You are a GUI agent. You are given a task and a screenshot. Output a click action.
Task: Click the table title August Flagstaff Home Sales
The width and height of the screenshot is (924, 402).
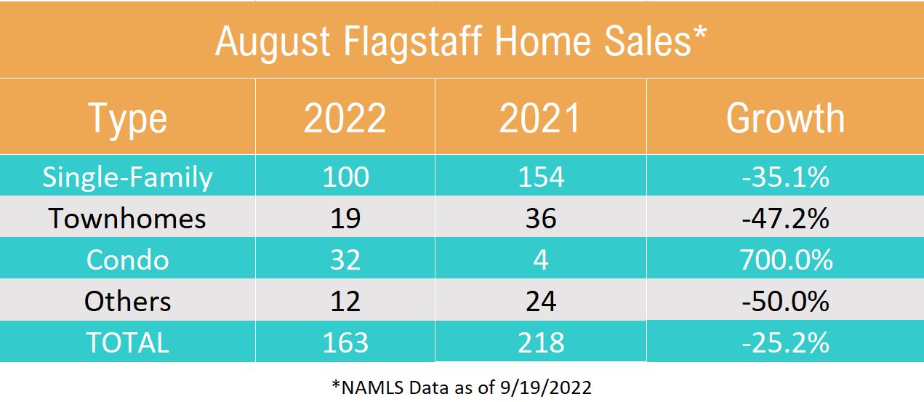[x=461, y=42]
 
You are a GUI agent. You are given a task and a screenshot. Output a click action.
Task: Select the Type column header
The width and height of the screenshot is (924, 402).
[x=127, y=119]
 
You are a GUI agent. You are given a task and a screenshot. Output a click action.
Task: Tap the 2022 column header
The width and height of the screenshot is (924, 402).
[x=345, y=119]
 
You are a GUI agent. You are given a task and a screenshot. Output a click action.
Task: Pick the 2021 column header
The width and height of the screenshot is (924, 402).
[x=540, y=119]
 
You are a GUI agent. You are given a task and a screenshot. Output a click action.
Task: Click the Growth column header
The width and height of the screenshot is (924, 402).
[x=785, y=119]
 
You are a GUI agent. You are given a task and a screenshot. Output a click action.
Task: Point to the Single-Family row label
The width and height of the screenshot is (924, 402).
[x=127, y=177]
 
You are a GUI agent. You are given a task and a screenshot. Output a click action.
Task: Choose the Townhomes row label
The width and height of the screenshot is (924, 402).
[x=127, y=219]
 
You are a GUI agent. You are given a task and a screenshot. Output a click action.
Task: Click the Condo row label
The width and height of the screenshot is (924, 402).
[x=127, y=260]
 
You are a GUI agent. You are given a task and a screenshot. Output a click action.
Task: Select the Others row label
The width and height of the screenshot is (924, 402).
[x=127, y=301]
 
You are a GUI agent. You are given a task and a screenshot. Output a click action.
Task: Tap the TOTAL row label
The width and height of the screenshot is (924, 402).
[x=127, y=342]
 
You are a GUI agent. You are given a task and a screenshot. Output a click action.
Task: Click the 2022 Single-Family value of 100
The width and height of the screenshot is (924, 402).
[x=345, y=177]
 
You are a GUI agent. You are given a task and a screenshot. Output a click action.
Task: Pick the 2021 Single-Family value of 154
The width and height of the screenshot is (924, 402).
[x=540, y=177]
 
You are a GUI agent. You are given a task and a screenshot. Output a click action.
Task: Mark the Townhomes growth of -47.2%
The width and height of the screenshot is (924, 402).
[x=785, y=219]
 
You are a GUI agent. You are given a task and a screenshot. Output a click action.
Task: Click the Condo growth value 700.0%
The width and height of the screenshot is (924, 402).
[x=785, y=260]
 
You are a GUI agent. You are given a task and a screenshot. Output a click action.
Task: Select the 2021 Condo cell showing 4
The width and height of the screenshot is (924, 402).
[x=540, y=260]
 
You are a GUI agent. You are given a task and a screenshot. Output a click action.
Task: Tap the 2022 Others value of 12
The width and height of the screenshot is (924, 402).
[x=345, y=301]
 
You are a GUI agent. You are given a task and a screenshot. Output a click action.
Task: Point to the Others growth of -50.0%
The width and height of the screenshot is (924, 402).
[x=785, y=301]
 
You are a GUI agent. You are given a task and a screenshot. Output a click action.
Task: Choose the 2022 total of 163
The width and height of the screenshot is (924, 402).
[x=345, y=342]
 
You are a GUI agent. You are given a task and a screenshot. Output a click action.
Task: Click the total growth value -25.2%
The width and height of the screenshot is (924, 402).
[x=785, y=342]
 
